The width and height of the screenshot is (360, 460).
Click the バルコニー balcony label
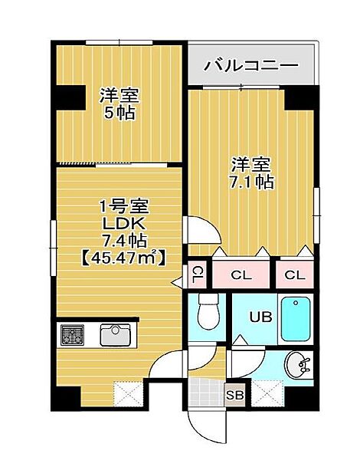click(x=251, y=65)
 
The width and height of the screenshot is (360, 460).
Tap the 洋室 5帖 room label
click(x=119, y=103)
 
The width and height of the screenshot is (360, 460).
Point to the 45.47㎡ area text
click(x=124, y=258)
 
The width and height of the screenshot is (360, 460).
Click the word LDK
click(x=123, y=225)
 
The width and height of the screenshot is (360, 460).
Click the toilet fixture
click(x=209, y=311)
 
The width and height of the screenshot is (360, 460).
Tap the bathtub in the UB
click(x=296, y=319)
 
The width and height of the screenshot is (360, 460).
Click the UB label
click(x=260, y=317)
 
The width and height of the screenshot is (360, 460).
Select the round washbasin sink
click(x=297, y=365)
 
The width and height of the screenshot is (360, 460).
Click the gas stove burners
click(x=73, y=334)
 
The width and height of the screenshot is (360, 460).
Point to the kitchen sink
click(x=115, y=334)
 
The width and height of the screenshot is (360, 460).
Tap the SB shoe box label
click(x=235, y=395)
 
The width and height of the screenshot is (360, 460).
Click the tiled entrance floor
click(x=206, y=393)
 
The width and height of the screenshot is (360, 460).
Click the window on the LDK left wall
click(x=53, y=248)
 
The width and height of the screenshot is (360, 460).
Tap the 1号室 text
click(x=124, y=206)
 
